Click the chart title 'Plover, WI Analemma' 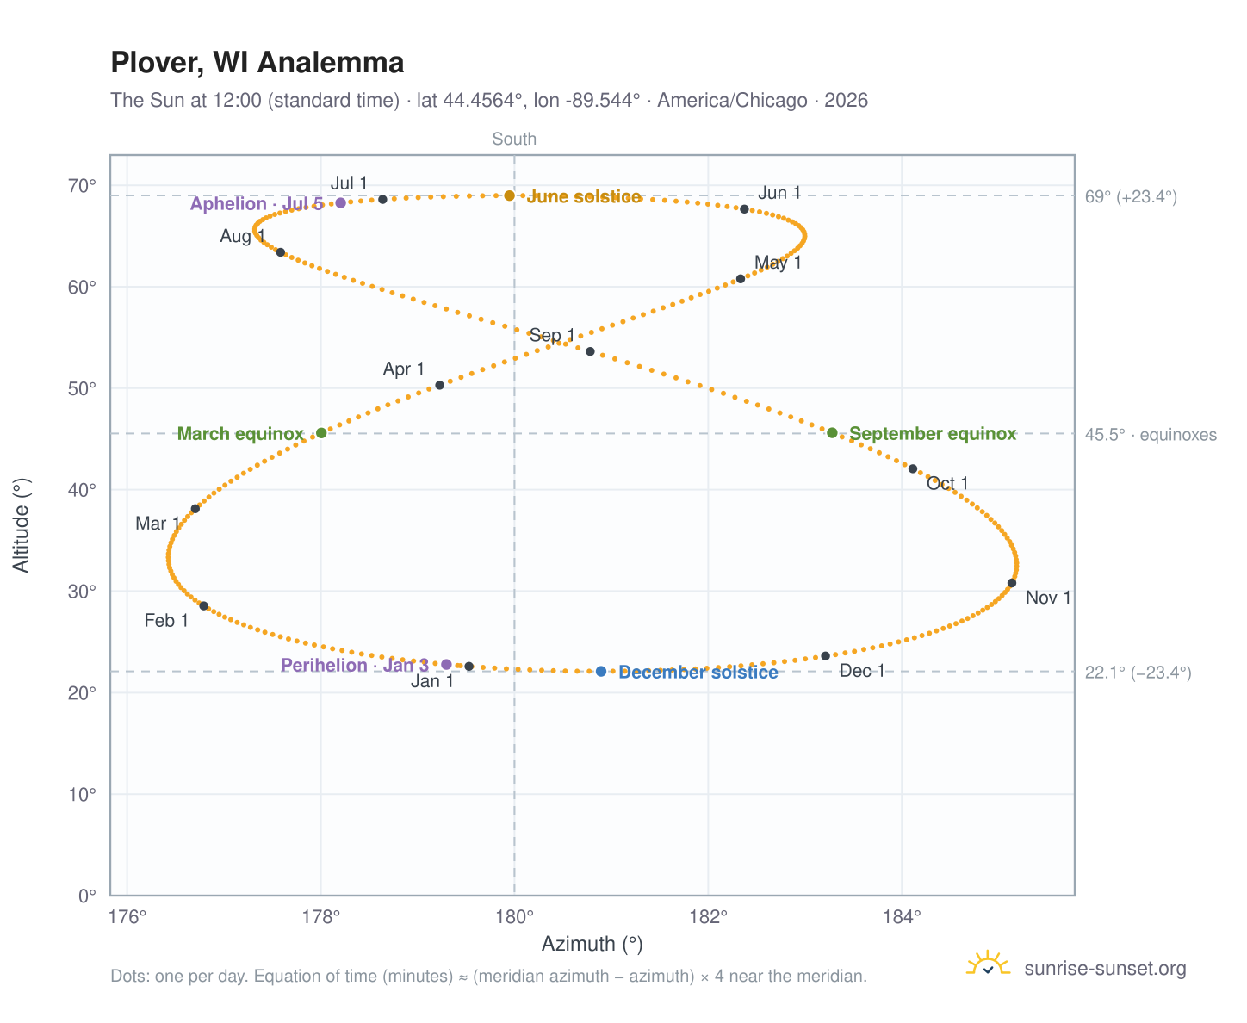coord(257,63)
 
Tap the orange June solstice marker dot coord(509,195)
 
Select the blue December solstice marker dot coord(601,671)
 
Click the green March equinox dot coord(321,433)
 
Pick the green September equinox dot coord(832,433)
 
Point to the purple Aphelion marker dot coord(340,203)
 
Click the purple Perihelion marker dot coord(446,665)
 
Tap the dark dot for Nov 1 coord(1012,583)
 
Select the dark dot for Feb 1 coord(203,606)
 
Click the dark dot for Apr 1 coord(439,386)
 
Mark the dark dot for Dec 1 coord(825,656)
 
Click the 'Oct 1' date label coord(946,484)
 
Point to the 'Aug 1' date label coord(242,237)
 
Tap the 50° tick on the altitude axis coord(82,389)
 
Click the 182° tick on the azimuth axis coord(708,917)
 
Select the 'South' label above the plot coord(514,139)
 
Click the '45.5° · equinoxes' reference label coord(1150,435)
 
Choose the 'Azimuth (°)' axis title coord(592,944)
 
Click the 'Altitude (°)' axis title coord(22,525)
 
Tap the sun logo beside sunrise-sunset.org coord(988,964)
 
